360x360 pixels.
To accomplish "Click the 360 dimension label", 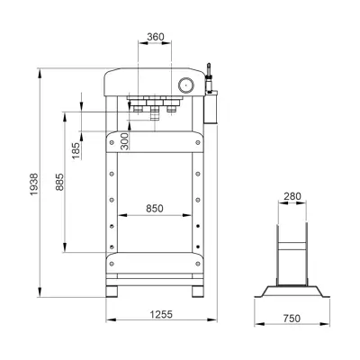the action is tap(156, 37).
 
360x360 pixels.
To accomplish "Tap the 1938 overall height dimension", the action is tap(34, 184).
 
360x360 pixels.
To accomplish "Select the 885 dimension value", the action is tap(59, 182).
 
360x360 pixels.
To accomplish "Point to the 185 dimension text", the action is tap(76, 150).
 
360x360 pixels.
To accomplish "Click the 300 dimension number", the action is tap(124, 141).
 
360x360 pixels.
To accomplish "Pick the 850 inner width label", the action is tap(155, 208).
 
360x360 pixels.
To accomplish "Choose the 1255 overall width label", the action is tap(161, 314).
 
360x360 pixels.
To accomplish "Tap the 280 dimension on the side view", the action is tap(292, 196).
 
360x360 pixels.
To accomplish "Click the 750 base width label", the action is tap(292, 318).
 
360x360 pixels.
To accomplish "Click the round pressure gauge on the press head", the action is tap(186, 85).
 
